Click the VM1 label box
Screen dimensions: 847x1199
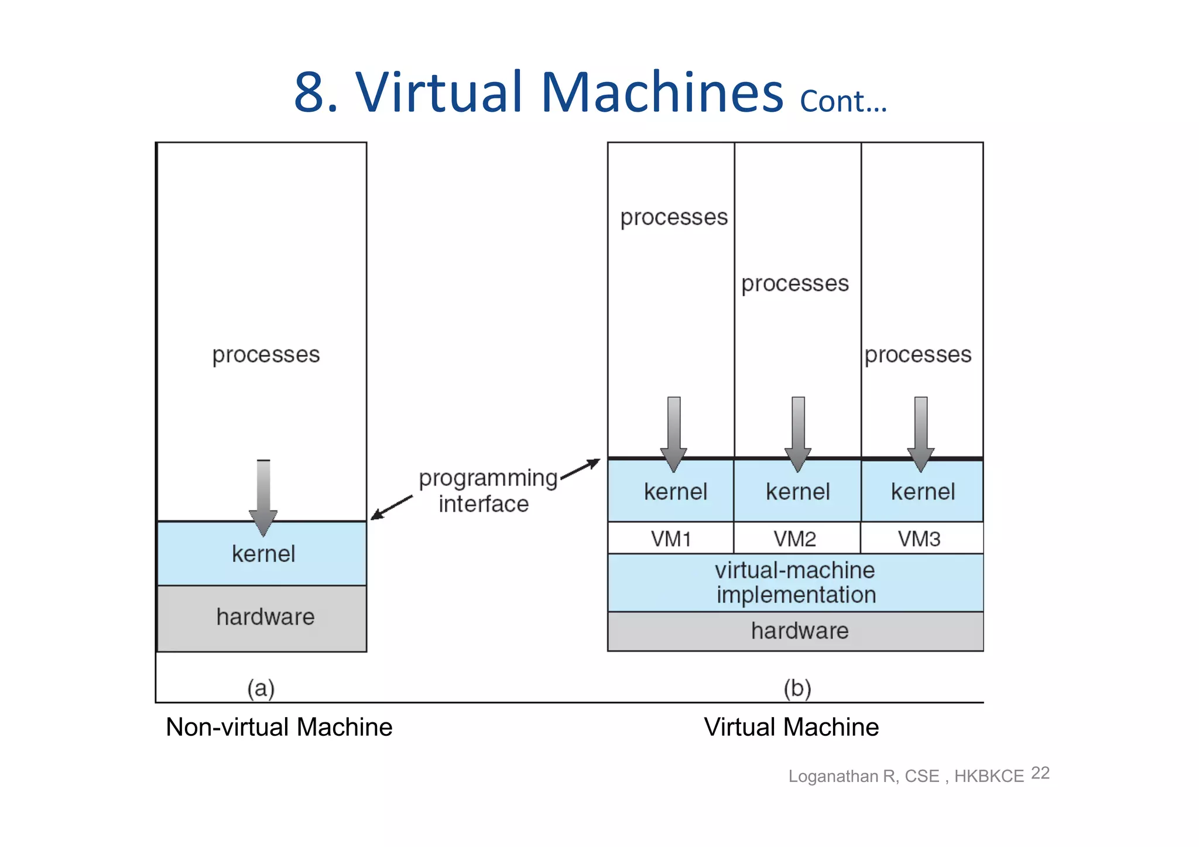(670, 538)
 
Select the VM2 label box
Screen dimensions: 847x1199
(796, 538)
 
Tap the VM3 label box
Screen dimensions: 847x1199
(921, 538)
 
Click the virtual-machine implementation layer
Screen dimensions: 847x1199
(795, 582)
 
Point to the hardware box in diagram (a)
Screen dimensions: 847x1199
(262, 618)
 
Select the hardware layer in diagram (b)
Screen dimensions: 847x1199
(795, 631)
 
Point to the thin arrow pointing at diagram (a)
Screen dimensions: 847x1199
(391, 507)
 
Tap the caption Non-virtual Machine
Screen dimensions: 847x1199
(279, 727)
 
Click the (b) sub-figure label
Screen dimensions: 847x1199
(797, 688)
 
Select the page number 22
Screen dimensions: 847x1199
(1040, 773)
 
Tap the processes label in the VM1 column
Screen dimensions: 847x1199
(673, 217)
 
